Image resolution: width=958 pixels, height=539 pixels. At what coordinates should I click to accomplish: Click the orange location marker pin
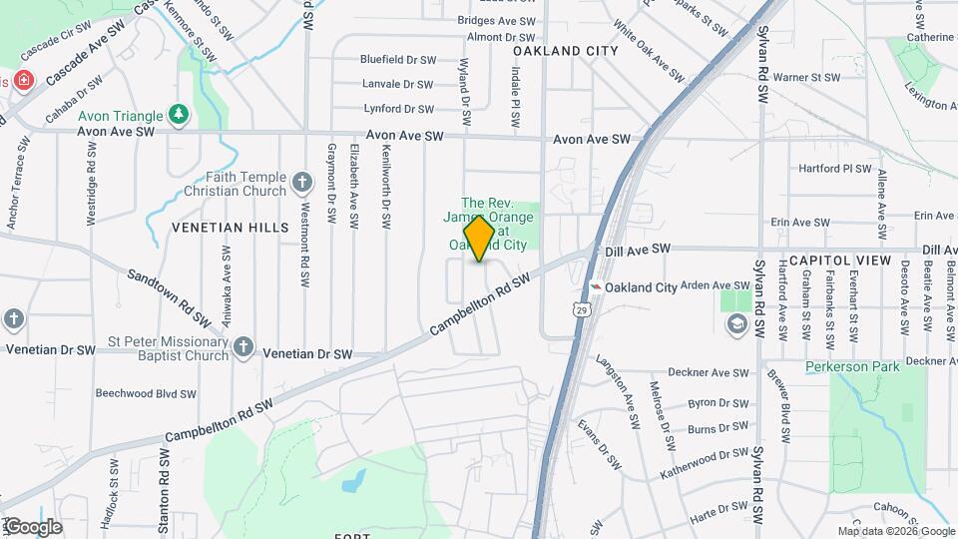click(x=480, y=237)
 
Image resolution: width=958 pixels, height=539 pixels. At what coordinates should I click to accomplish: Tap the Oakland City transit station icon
click(x=596, y=286)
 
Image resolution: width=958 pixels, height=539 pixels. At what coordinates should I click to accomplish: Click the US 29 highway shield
click(x=581, y=310)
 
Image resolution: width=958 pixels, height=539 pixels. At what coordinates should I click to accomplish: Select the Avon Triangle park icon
click(x=179, y=114)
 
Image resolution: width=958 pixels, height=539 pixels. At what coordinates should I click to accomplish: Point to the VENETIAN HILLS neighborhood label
click(x=230, y=228)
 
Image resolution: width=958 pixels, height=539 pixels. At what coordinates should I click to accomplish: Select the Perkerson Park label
click(x=853, y=366)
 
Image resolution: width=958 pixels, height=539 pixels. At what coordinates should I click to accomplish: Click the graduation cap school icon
click(x=736, y=324)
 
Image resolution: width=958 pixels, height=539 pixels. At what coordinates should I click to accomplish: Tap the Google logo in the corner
click(x=32, y=526)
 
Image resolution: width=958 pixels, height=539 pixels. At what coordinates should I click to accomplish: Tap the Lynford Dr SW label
click(x=399, y=109)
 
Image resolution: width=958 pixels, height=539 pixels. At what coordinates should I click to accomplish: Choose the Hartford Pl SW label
click(x=835, y=169)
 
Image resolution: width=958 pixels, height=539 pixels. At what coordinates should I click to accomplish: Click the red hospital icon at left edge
click(x=22, y=81)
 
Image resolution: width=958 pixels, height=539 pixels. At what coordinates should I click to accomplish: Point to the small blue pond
click(x=352, y=483)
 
